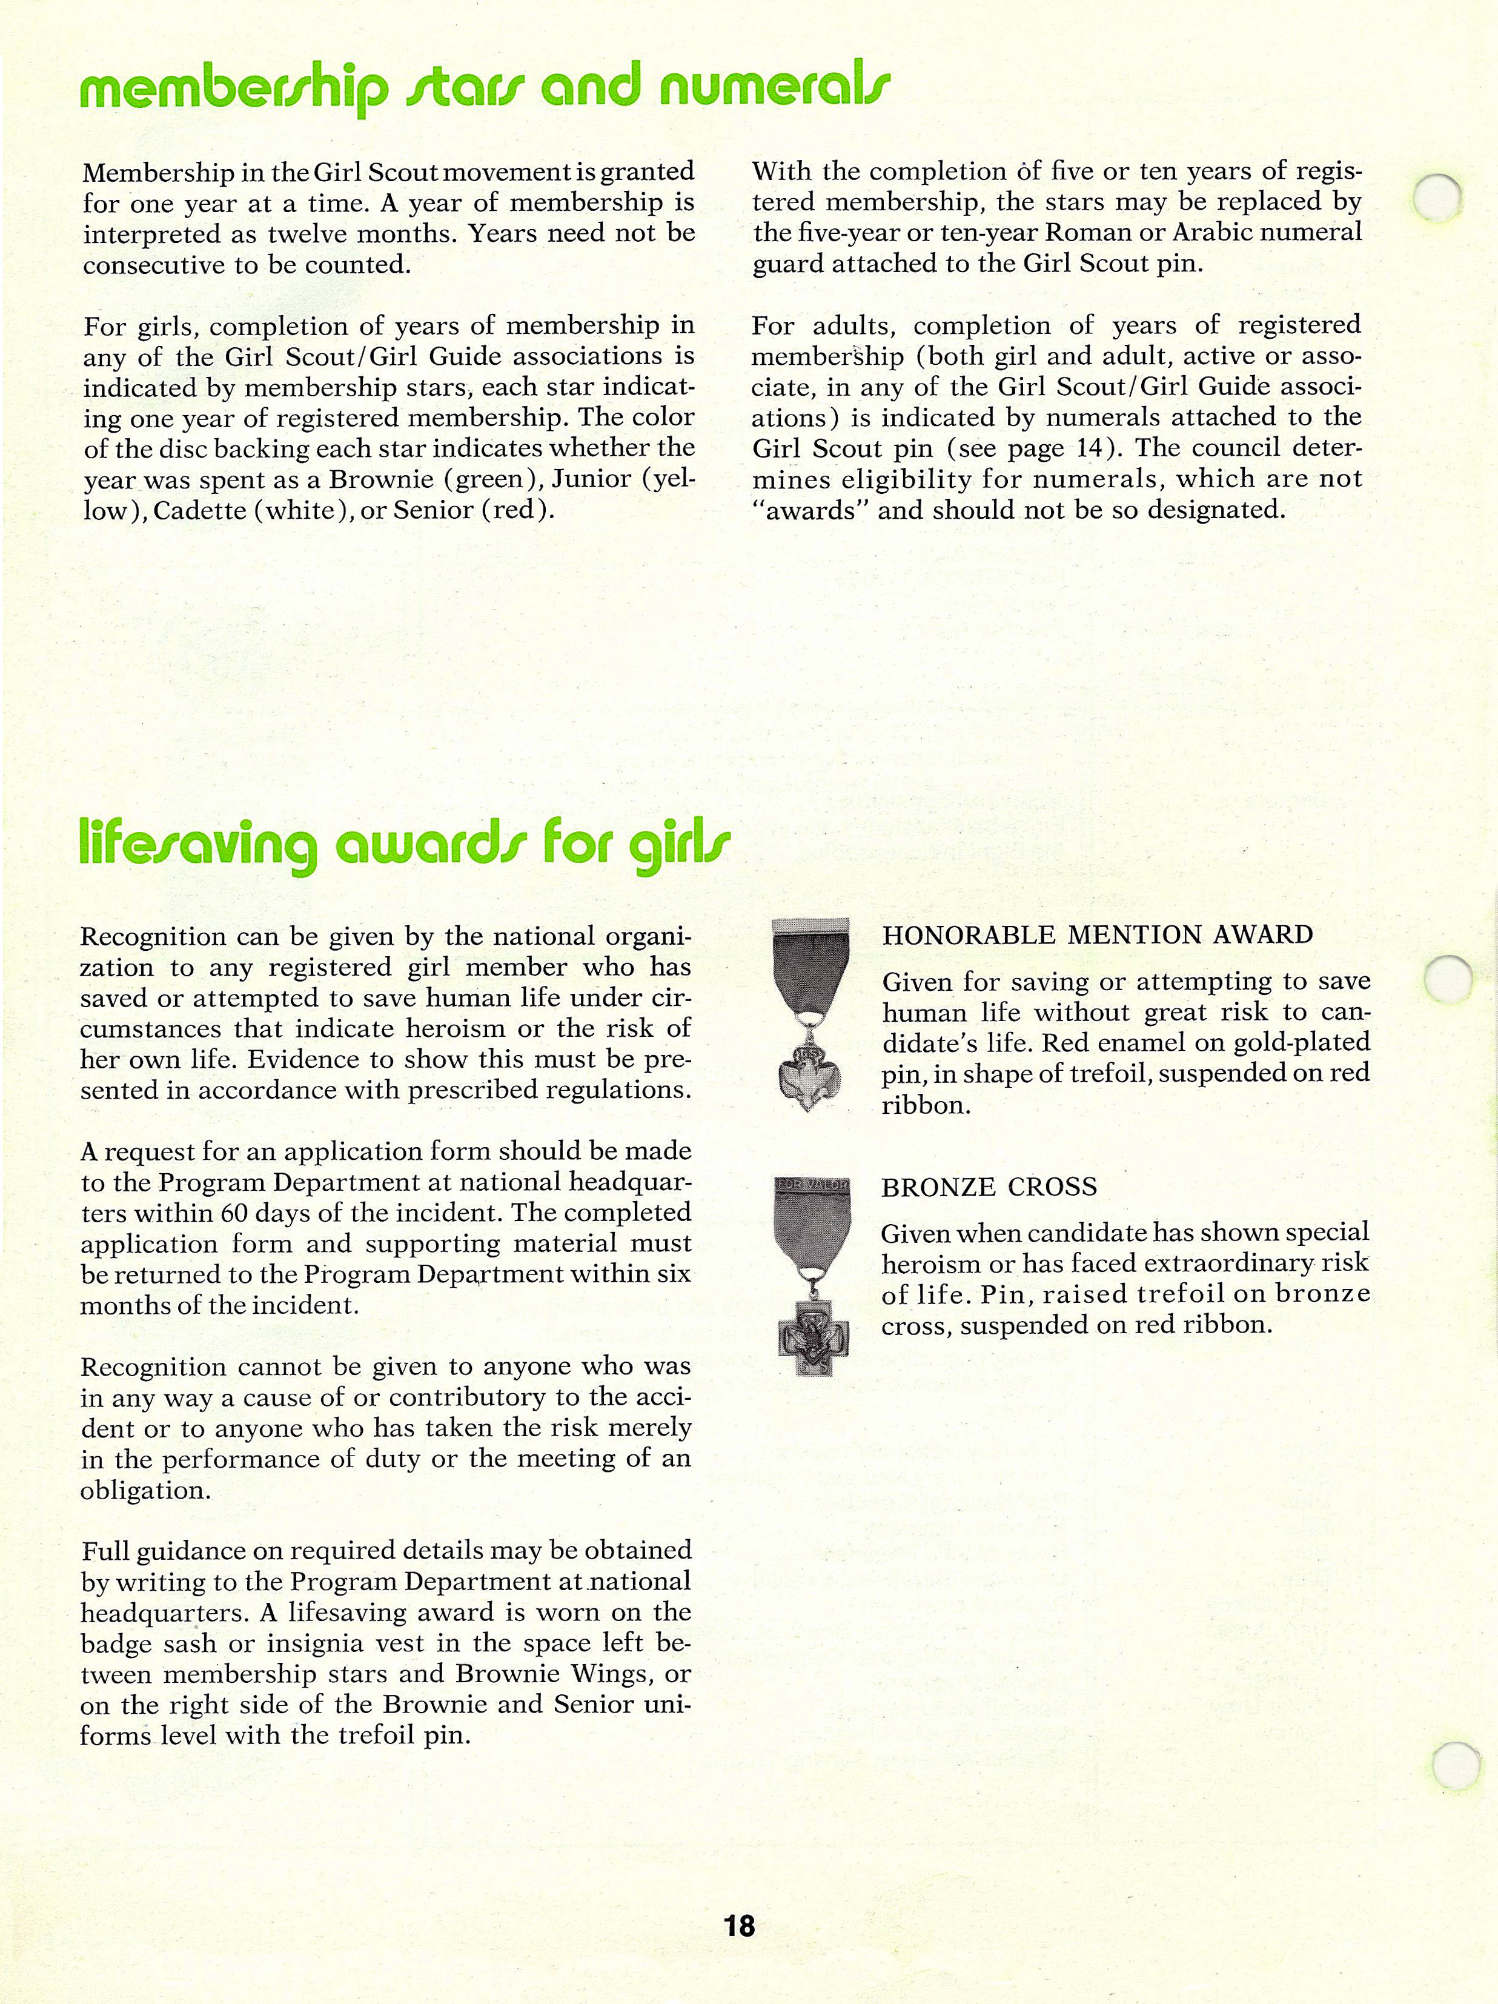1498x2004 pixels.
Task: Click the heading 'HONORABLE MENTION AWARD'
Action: point(1098,935)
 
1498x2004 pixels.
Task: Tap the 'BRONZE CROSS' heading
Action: point(989,1187)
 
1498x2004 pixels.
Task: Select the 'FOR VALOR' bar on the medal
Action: point(812,1185)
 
